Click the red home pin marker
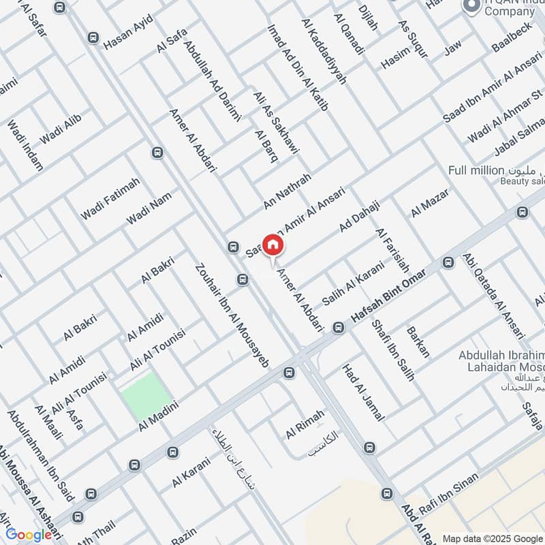click(273, 245)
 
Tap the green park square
click(146, 396)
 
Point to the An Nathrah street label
click(287, 191)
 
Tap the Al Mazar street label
click(430, 204)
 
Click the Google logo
click(29, 535)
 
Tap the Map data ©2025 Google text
click(491, 536)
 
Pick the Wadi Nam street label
click(149, 208)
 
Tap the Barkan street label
click(418, 342)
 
